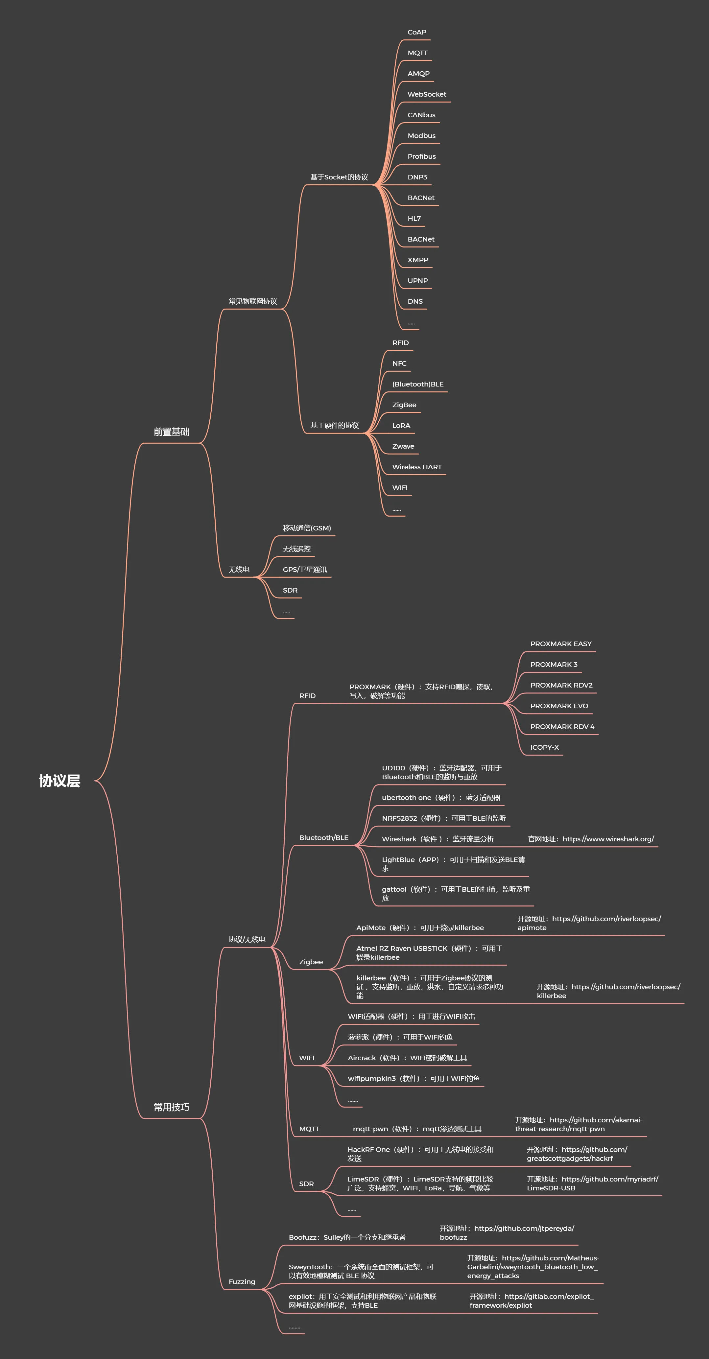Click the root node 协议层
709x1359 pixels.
[59, 781]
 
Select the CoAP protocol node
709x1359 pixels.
[417, 32]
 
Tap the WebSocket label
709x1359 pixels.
[427, 94]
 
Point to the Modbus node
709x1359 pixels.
[421, 136]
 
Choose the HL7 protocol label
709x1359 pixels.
[414, 219]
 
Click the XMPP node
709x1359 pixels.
[418, 260]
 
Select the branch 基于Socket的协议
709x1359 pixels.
[339, 177]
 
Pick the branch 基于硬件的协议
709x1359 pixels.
[335, 426]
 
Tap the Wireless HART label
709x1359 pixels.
[417, 467]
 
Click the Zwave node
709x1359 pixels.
[403, 446]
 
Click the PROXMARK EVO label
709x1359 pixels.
[559, 706]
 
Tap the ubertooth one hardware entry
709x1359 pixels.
[441, 798]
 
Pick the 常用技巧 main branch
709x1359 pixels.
[172, 1107]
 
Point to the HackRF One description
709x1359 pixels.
[420, 1154]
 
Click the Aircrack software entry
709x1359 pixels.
[407, 1058]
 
